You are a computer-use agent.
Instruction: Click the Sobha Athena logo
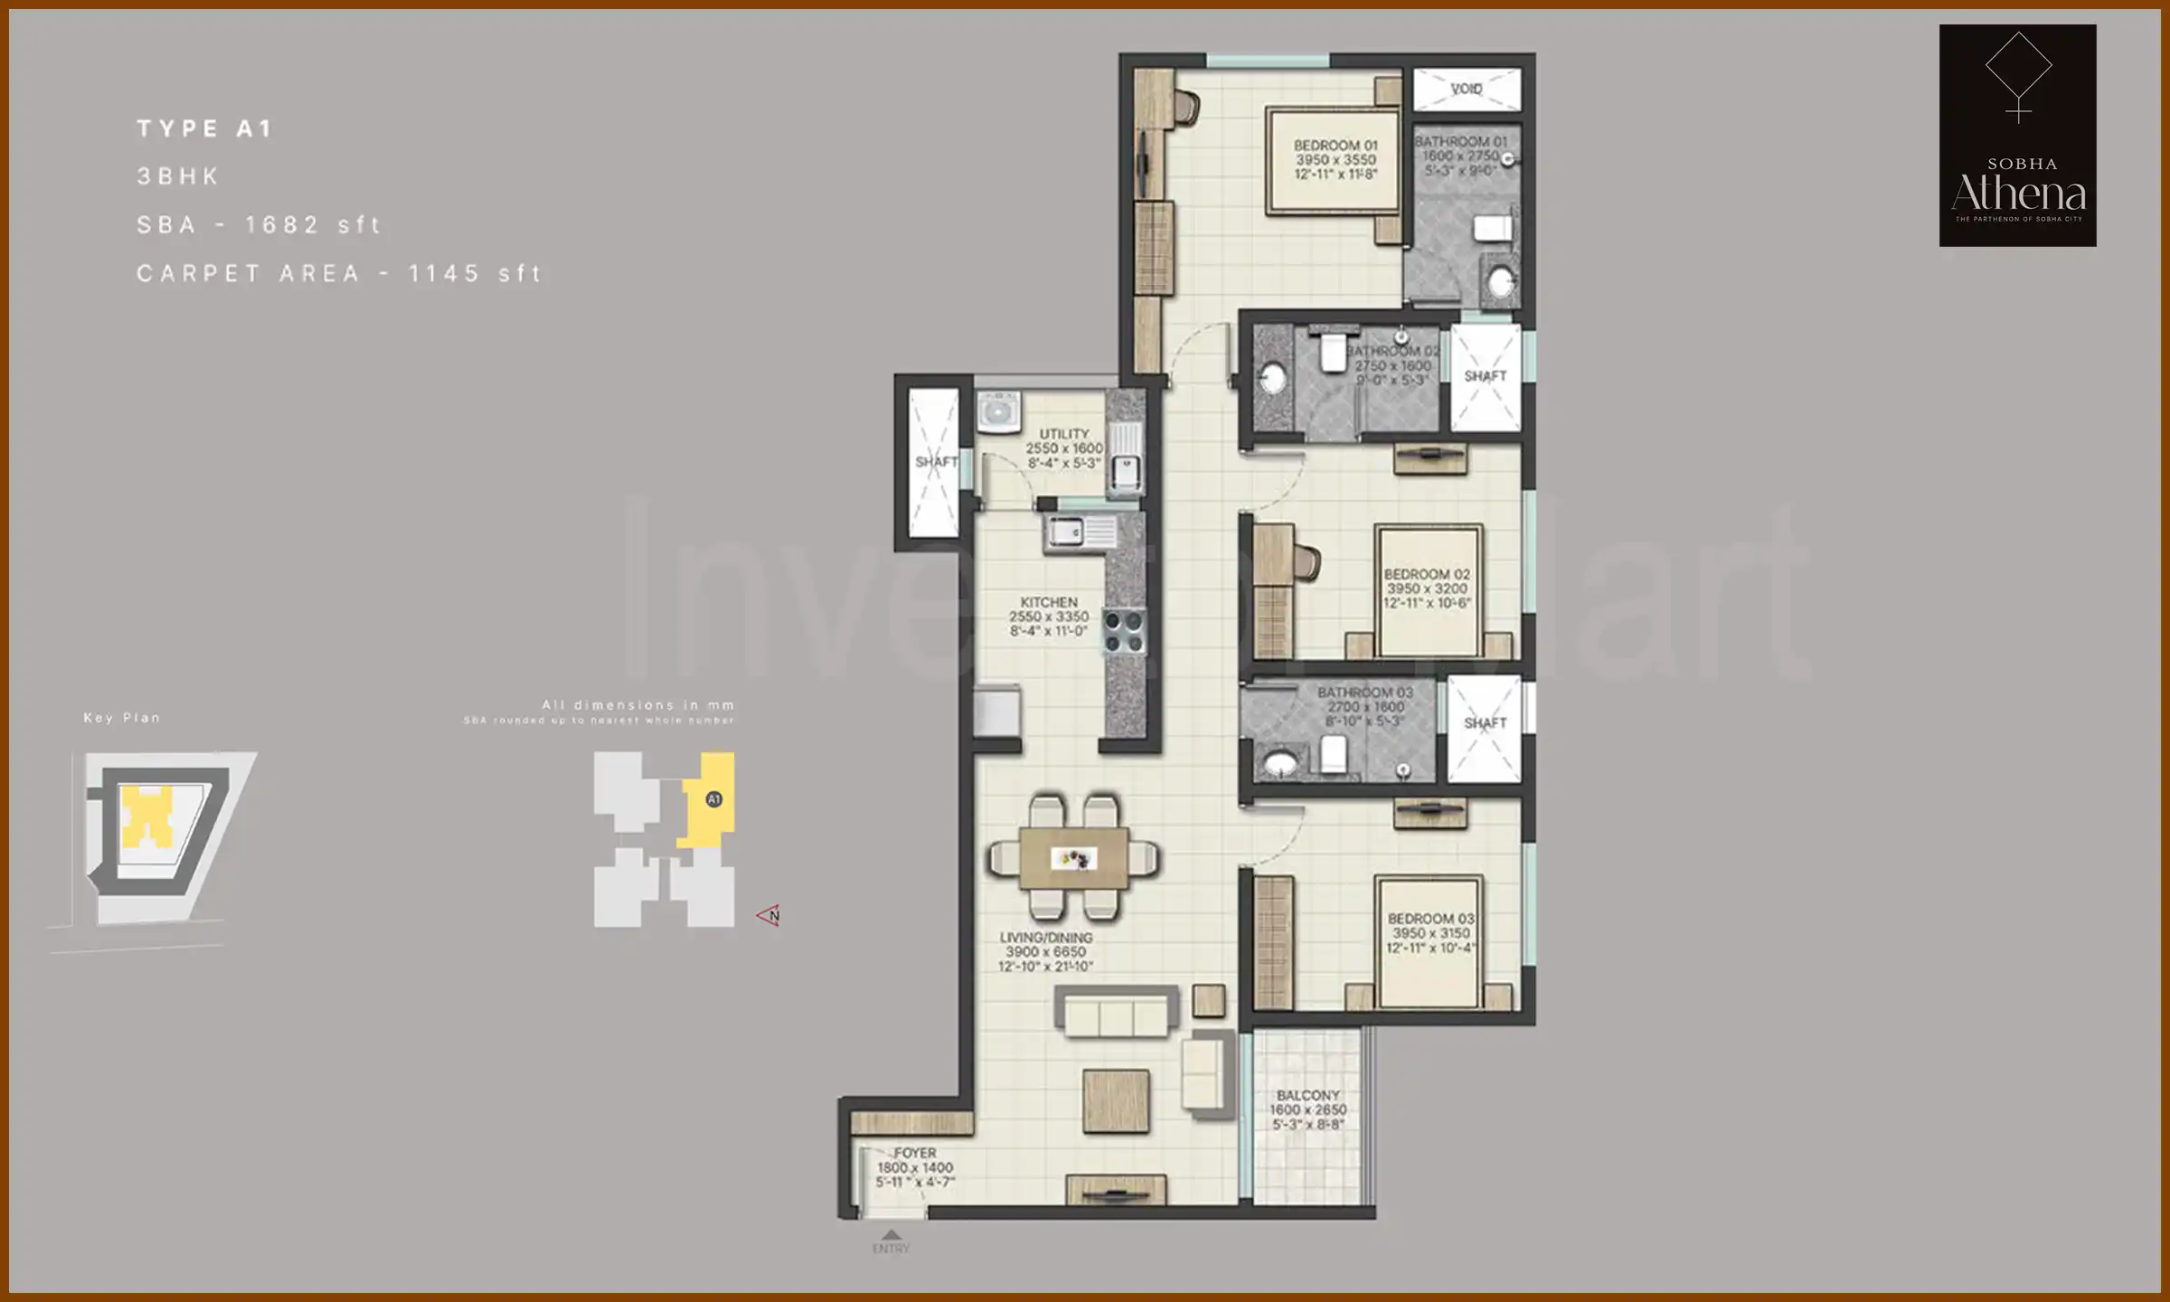point(2017,136)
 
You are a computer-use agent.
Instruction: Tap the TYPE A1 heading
point(204,128)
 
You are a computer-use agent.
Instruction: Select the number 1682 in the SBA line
point(282,224)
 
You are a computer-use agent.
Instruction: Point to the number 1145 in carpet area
point(444,273)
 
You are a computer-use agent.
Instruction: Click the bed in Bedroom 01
point(1335,161)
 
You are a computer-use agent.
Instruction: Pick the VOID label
point(1466,89)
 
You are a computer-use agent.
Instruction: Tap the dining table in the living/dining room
point(1073,857)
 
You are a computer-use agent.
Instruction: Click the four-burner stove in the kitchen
point(1125,631)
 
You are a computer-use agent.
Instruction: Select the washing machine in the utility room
point(998,412)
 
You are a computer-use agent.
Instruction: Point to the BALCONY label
point(1307,1095)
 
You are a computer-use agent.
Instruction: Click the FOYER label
point(915,1153)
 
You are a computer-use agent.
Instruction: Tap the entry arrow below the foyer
point(891,1235)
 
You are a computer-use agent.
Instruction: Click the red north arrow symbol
point(769,915)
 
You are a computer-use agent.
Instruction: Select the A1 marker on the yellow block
point(713,799)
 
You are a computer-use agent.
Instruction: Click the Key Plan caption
point(121,718)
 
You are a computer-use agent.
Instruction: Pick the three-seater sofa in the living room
point(1117,1011)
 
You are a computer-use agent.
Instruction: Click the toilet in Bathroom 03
point(1334,755)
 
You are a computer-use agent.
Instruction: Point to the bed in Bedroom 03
point(1429,940)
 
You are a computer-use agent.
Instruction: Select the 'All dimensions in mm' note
point(637,704)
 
